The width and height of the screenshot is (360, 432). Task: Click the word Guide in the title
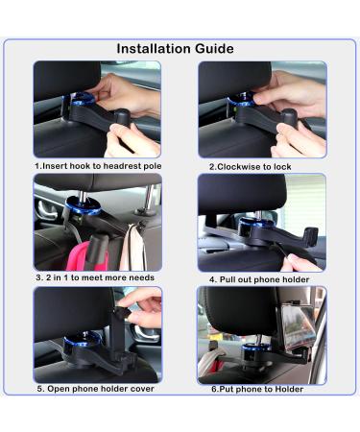coord(214,49)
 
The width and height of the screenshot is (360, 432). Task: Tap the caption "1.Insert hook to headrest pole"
coord(98,166)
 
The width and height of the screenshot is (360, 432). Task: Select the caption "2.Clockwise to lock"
coord(251,167)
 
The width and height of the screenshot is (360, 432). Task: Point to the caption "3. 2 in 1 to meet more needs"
coord(95,277)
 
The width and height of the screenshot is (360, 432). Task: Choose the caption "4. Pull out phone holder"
coord(259,279)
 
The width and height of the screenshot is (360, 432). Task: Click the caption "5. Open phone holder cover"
coord(96,389)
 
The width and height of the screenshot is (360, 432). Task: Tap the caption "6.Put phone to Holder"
coord(257,389)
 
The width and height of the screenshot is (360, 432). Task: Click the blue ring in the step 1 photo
coord(79,99)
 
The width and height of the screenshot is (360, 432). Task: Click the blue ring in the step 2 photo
coord(241,100)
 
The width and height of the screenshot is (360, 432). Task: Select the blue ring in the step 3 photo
coord(83,206)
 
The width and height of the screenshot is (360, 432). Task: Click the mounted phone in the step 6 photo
coord(295,325)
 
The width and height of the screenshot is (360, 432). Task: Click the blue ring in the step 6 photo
coord(256,348)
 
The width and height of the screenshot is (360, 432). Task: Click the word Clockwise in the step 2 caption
coord(239,167)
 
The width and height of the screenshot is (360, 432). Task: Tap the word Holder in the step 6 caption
coord(289,389)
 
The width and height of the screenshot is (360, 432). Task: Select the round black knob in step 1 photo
coord(121,117)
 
